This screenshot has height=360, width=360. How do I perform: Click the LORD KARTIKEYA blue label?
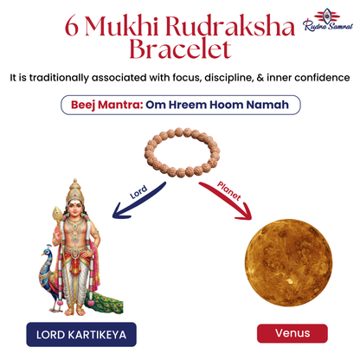click(x=80, y=332)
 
